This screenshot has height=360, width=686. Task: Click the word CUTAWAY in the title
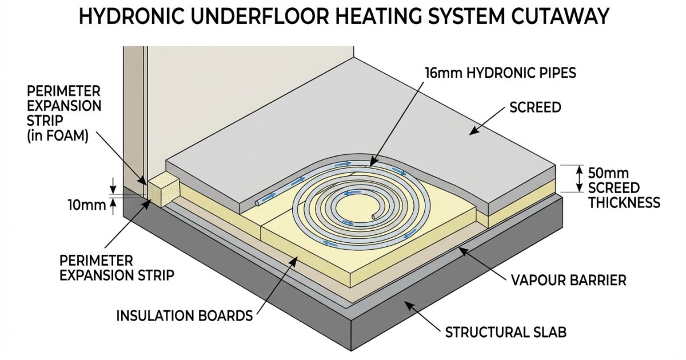click(x=559, y=16)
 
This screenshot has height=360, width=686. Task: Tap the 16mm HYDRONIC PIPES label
click(x=501, y=73)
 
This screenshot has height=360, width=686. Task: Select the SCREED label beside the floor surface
click(x=535, y=107)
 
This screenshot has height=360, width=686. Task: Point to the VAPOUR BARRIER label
click(x=569, y=281)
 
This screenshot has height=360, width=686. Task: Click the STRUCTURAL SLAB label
click(x=505, y=332)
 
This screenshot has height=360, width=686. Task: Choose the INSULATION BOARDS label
click(x=185, y=315)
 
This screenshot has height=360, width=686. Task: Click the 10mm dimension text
click(x=87, y=205)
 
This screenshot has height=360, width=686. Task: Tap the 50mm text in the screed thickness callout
click(x=608, y=174)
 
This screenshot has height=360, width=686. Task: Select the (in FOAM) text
click(x=58, y=136)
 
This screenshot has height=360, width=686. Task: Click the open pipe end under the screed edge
click(x=257, y=203)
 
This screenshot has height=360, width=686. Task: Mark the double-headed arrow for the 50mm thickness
click(x=579, y=179)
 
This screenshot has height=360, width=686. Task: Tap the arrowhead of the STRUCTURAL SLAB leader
click(x=408, y=304)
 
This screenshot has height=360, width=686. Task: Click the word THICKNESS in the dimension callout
click(x=624, y=203)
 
